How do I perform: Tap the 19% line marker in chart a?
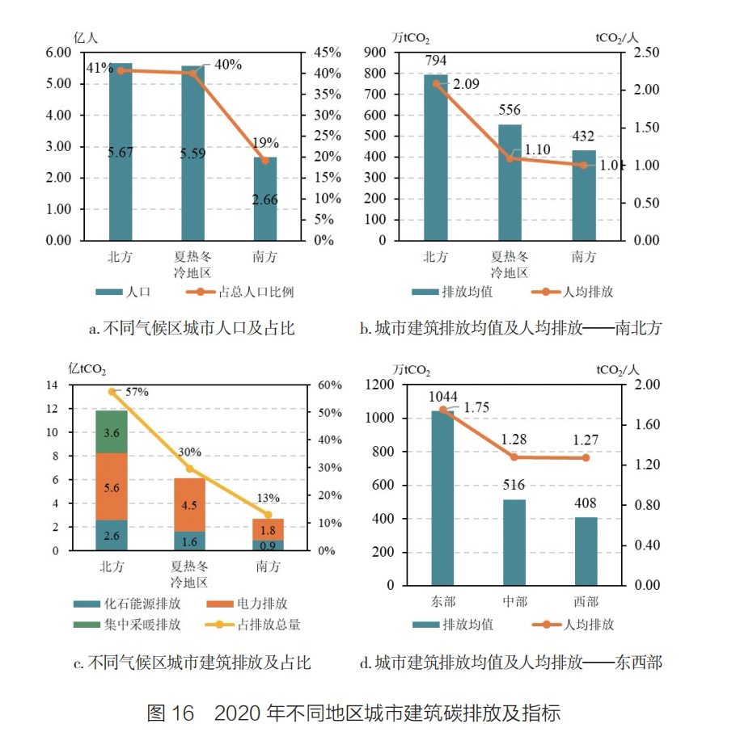click(265, 160)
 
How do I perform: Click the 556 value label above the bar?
click(510, 110)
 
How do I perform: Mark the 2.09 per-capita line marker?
click(436, 82)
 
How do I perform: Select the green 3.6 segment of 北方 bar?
click(112, 432)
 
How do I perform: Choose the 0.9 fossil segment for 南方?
click(268, 545)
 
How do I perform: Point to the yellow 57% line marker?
click(112, 391)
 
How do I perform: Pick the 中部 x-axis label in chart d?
click(514, 601)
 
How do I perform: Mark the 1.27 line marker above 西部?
click(586, 458)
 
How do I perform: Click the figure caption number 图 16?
click(171, 713)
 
